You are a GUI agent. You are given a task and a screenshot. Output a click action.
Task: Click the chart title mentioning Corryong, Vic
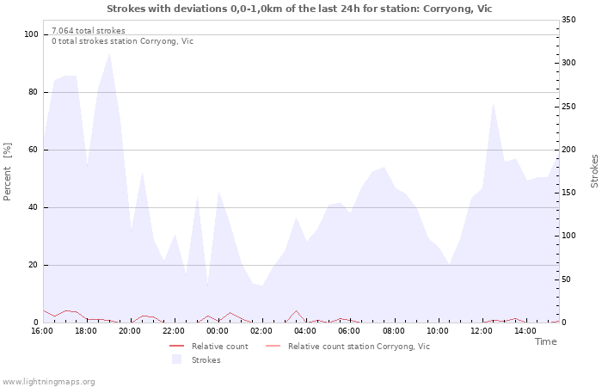[x=299, y=9]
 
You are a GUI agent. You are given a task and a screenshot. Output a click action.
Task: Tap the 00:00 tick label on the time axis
[x=218, y=331]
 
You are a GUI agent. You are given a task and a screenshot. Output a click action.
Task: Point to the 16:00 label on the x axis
[x=42, y=331]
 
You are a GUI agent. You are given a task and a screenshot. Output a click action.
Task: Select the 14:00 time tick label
[x=525, y=331]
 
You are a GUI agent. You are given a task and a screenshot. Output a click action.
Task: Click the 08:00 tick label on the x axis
[x=394, y=331]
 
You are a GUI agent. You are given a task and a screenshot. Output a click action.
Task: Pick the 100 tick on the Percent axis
[x=31, y=34]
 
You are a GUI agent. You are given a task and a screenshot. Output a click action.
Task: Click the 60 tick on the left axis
[x=33, y=150]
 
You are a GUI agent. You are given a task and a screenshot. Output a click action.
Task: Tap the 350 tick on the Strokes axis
[x=568, y=20]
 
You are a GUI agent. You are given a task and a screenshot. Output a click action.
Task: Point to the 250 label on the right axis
[x=568, y=107]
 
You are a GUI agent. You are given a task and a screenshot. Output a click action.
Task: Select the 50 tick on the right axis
[x=566, y=279]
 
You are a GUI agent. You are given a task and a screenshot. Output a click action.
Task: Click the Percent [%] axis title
[x=7, y=172]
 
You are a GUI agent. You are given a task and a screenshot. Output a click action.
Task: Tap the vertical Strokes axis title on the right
[x=594, y=171]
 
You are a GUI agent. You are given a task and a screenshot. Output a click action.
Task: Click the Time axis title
[x=545, y=341]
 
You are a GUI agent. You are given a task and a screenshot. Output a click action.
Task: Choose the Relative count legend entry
[x=220, y=347]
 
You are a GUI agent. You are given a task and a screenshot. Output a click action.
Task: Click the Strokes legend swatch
[x=176, y=359]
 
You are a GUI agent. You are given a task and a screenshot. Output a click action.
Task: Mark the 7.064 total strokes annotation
[x=89, y=31]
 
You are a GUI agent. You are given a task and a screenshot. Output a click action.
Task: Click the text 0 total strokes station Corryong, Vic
[x=122, y=41]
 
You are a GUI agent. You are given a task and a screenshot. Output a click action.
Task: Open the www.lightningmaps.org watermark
[x=48, y=382]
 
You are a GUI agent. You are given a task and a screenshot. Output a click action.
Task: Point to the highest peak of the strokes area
[x=110, y=53]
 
